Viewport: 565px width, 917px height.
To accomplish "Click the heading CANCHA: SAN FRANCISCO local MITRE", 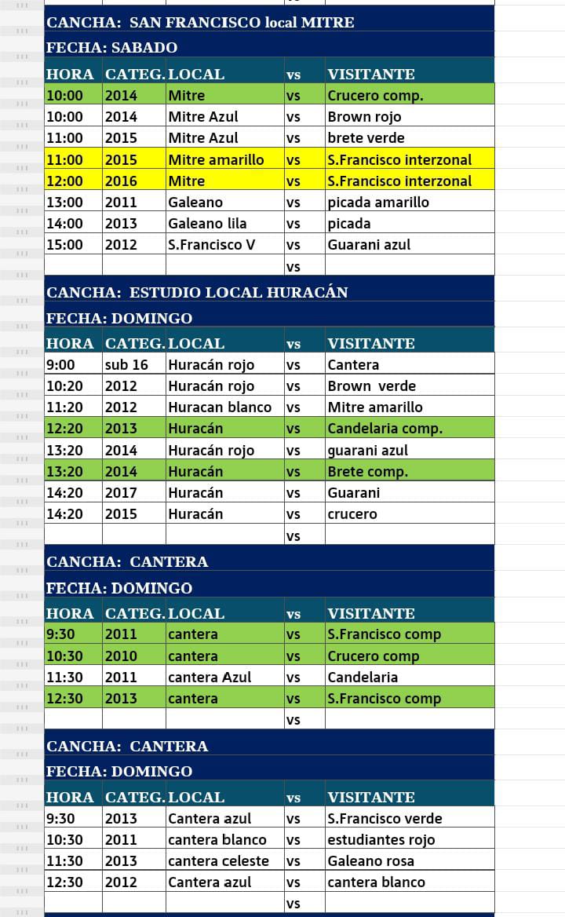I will click(x=201, y=22).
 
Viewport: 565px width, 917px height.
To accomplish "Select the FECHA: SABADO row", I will click(x=112, y=47).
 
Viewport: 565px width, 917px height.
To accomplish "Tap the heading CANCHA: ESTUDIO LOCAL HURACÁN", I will click(x=197, y=292).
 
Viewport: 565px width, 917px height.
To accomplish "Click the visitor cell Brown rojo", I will click(x=364, y=117).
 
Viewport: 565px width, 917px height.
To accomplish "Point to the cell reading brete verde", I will click(x=366, y=138).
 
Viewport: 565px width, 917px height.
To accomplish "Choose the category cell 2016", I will click(x=121, y=181).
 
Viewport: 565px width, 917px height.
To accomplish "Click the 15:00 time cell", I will click(x=64, y=244).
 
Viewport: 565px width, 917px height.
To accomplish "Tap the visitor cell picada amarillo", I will click(x=378, y=202).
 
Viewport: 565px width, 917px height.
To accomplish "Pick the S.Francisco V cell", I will click(x=212, y=244).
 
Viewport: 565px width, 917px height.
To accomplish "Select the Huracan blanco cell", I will click(x=220, y=407).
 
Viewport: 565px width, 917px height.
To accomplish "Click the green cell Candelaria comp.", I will click(x=385, y=429).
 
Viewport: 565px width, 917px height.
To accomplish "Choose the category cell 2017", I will click(x=121, y=493).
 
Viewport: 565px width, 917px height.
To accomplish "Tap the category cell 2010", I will click(x=121, y=656).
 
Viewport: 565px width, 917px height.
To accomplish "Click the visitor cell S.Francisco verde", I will click(x=385, y=818).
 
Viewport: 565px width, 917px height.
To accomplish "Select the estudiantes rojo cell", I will click(x=381, y=839).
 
